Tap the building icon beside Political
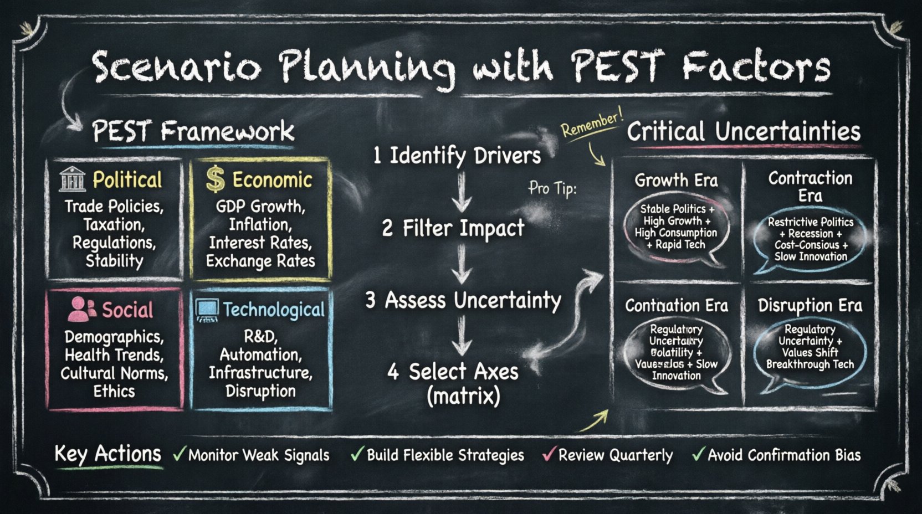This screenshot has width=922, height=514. pyautogui.click(x=73, y=179)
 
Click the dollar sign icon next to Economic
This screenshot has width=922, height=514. pyautogui.click(x=215, y=179)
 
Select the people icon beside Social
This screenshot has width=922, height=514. pyautogui.click(x=81, y=310)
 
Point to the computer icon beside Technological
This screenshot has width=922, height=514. pyautogui.click(x=207, y=310)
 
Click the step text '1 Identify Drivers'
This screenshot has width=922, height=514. pyautogui.click(x=457, y=156)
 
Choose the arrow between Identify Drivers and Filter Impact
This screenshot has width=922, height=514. pyautogui.click(x=461, y=192)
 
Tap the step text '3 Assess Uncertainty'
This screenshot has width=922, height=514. pyautogui.click(x=463, y=300)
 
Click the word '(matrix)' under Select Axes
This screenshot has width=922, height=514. pyautogui.click(x=463, y=395)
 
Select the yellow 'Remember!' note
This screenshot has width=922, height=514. pyautogui.click(x=591, y=123)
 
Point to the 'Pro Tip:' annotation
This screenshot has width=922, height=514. pyautogui.click(x=552, y=188)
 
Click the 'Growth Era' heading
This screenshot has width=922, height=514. pyautogui.click(x=676, y=181)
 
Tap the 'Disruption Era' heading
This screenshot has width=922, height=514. pyautogui.click(x=810, y=305)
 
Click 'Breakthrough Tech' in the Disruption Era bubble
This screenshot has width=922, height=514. pyautogui.click(x=810, y=364)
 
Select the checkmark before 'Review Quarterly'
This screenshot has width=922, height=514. pyautogui.click(x=549, y=454)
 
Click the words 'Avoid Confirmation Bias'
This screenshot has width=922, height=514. pyautogui.click(x=784, y=455)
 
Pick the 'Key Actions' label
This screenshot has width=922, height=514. pyautogui.click(x=107, y=454)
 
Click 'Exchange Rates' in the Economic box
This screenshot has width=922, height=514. pyautogui.click(x=260, y=261)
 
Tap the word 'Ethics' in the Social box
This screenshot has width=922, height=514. pyautogui.click(x=114, y=391)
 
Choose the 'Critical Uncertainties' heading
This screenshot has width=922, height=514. pyautogui.click(x=743, y=132)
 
